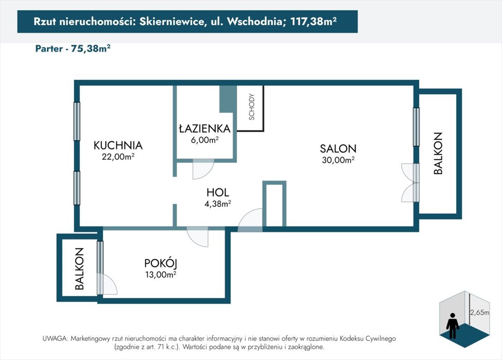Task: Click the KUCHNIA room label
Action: pyautogui.click(x=118, y=145)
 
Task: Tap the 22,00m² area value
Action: pyautogui.click(x=118, y=157)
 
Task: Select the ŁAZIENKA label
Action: pyautogui.click(x=204, y=128)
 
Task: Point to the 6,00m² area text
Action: pyautogui.click(x=204, y=140)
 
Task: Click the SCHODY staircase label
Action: pyautogui.click(x=252, y=107)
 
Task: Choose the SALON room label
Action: pyautogui.click(x=338, y=149)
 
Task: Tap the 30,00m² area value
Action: pyautogui.click(x=338, y=160)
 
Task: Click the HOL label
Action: pyautogui.click(x=217, y=193)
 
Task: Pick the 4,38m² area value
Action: pyautogui.click(x=217, y=204)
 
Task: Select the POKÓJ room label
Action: pyautogui.click(x=161, y=263)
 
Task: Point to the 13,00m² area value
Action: pyautogui.click(x=161, y=275)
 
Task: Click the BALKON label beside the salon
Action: pyautogui.click(x=438, y=153)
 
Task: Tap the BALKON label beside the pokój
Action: pyautogui.click(x=79, y=269)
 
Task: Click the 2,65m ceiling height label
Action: pyautogui.click(x=480, y=312)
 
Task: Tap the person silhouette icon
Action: pyautogui.click(x=452, y=326)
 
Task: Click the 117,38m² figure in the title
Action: pyautogui.click(x=314, y=22)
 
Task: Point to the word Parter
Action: pyautogui.click(x=49, y=49)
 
